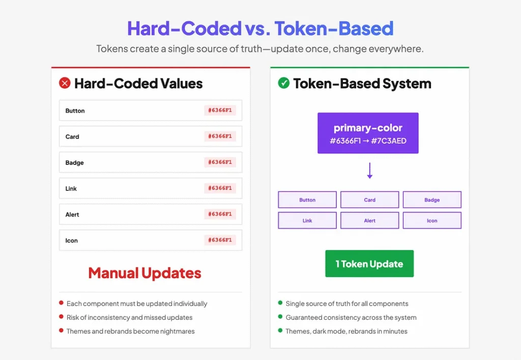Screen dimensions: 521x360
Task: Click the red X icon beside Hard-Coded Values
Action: (65, 83)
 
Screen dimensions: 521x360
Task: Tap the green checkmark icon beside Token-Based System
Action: (284, 83)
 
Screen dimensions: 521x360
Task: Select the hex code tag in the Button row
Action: (220, 110)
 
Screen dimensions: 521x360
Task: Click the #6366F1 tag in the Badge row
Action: (220, 162)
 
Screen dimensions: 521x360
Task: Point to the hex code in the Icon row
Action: (220, 240)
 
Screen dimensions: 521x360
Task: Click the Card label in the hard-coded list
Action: (72, 136)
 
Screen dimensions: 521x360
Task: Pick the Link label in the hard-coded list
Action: (71, 188)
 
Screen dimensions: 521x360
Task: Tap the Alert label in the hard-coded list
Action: (72, 214)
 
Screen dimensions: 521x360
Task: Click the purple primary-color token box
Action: (368, 133)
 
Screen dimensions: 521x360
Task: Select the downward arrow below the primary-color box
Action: (369, 171)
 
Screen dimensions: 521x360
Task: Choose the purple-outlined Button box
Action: (307, 200)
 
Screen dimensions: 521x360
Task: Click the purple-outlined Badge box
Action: (432, 200)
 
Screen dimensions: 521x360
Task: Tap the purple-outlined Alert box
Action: (369, 220)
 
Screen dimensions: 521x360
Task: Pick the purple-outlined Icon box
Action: (432, 220)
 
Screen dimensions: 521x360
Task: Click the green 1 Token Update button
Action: (369, 264)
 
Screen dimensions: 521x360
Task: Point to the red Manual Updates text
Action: (144, 273)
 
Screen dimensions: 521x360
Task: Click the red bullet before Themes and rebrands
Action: (61, 330)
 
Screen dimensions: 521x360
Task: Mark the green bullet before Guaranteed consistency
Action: (280, 316)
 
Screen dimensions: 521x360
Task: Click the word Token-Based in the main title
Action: (334, 28)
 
